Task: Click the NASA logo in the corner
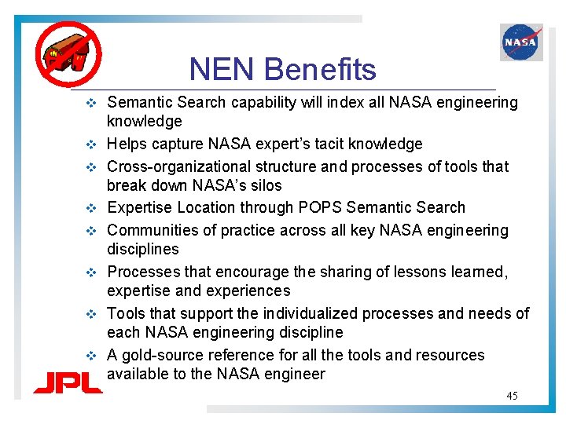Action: pyautogui.click(x=520, y=42)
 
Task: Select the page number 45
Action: pyautogui.click(x=512, y=396)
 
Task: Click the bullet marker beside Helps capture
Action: pyautogui.click(x=91, y=144)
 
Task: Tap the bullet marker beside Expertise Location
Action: pyautogui.click(x=91, y=208)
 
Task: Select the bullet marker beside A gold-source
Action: pyautogui.click(x=91, y=356)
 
